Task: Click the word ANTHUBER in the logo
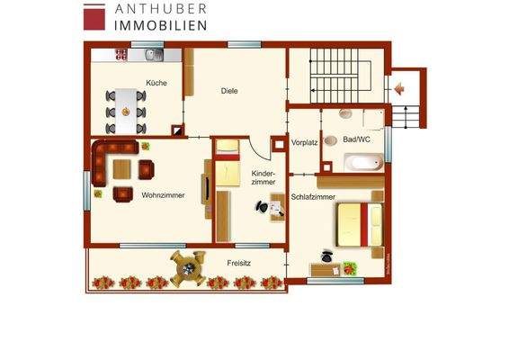tap(160, 8)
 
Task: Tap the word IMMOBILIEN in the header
tap(160, 24)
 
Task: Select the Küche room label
tap(157, 83)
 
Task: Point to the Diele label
tap(229, 90)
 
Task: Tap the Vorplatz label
tap(305, 142)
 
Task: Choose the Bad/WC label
tap(356, 139)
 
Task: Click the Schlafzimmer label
tap(313, 196)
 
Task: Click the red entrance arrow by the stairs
tap(398, 88)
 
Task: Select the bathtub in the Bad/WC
tap(363, 164)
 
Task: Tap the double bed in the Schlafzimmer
tap(360, 224)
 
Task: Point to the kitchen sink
tap(152, 56)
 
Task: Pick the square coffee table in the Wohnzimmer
tap(122, 168)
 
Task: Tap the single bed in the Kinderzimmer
tap(227, 163)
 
